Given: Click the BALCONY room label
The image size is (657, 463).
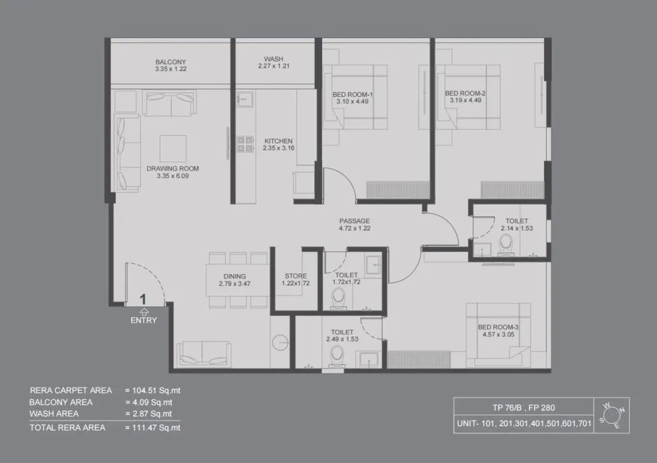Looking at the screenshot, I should click(x=171, y=62).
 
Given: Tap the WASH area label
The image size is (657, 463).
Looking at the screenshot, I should click(x=273, y=59).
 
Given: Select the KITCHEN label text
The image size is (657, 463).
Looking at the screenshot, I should click(x=278, y=141).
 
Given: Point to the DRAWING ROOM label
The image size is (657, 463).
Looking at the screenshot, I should click(x=172, y=169).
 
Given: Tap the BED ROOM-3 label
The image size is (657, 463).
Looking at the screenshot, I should click(x=498, y=327).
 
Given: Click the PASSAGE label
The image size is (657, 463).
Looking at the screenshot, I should click(x=355, y=221).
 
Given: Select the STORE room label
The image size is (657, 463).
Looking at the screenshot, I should click(x=296, y=276).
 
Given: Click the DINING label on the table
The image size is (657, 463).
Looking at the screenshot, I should click(x=235, y=277).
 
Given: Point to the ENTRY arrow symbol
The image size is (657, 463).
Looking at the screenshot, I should click(x=143, y=311).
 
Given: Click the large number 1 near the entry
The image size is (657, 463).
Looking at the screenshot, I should click(x=143, y=299).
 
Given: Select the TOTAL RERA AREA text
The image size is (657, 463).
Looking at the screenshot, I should click(x=70, y=427).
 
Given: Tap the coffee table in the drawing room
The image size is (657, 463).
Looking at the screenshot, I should click(x=172, y=148).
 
